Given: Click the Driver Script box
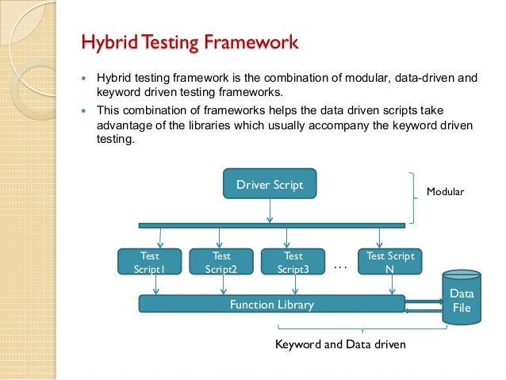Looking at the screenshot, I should coord(270,184).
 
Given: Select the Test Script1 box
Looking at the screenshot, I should coord(150,262).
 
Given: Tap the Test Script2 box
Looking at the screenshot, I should coord(221,262).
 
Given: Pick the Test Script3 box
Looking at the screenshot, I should coord(293,262).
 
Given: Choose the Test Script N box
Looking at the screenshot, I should coord(390,262).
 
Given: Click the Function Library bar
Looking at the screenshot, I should coord(271,304).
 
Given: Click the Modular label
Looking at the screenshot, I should coord(445,193).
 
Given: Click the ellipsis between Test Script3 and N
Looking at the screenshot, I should coord(341,267).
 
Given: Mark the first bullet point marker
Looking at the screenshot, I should coord(83,80).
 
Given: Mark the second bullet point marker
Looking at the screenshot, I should coord(83,110).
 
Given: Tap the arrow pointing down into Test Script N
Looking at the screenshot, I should coord(380,238).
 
